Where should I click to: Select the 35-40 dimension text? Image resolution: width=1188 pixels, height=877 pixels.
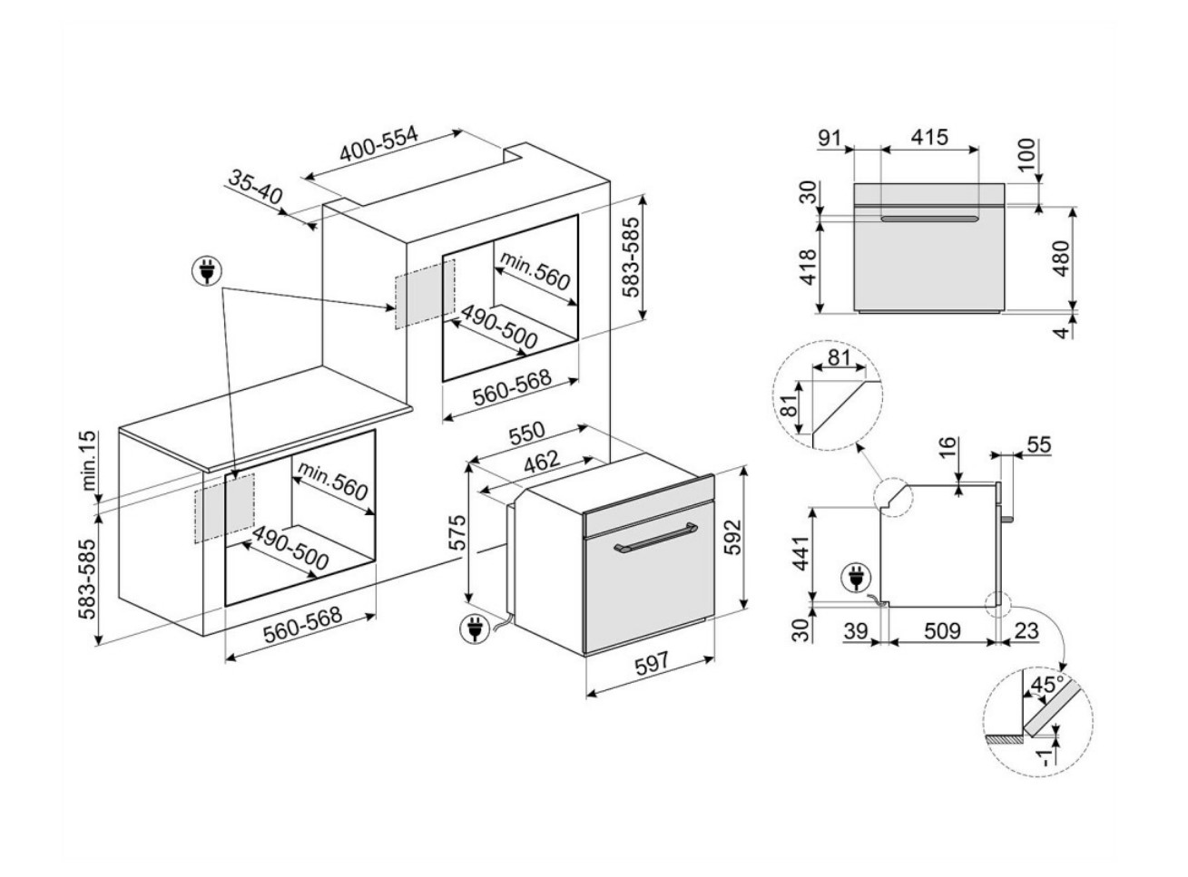[255, 187]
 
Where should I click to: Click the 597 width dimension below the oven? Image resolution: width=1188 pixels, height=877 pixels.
[652, 663]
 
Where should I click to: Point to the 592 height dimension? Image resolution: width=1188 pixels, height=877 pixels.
[733, 537]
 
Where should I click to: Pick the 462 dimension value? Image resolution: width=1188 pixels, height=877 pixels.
[544, 462]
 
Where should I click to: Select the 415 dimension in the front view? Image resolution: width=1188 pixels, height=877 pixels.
[929, 138]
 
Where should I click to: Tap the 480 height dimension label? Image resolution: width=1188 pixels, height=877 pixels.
[1060, 259]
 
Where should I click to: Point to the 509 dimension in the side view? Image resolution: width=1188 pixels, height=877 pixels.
[941, 629]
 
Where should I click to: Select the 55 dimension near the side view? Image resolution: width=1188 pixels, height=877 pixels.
[1037, 444]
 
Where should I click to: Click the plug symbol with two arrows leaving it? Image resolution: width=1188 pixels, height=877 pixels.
[207, 270]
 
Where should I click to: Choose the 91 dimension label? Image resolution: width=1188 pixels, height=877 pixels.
[830, 138]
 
